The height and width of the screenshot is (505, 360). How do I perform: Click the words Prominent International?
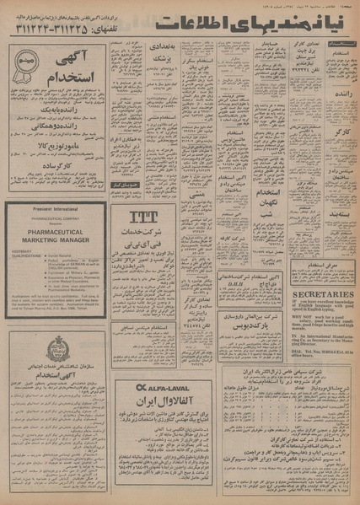[55, 209]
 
